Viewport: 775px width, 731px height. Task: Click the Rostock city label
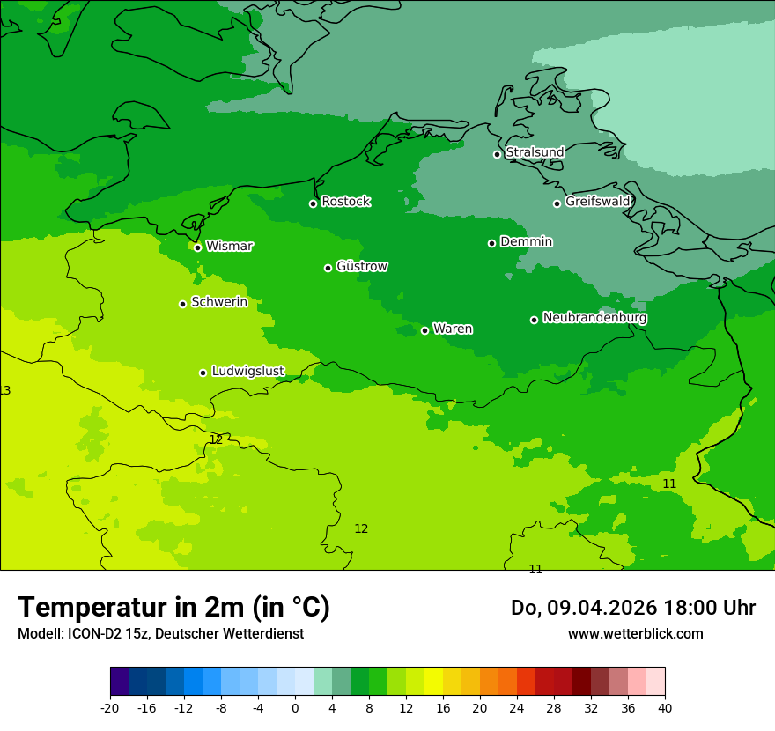[x=345, y=202]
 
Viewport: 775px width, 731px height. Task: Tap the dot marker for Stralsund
[x=497, y=154]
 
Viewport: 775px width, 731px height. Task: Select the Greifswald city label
[x=597, y=202]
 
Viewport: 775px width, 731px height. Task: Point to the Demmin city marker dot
[x=491, y=243]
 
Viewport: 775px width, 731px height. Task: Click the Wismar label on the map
[x=229, y=247]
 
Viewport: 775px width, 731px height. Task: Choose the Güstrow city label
[x=361, y=266]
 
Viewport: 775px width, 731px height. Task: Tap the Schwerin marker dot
[x=182, y=304]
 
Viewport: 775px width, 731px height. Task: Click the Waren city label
[x=453, y=329]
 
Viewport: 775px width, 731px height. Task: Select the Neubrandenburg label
[x=594, y=317]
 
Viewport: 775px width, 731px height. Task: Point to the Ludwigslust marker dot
[x=203, y=373]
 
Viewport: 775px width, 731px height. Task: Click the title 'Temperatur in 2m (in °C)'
[x=173, y=607]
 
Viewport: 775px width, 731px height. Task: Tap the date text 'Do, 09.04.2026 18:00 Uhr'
[x=632, y=608]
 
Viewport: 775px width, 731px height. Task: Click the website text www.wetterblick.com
[x=635, y=633]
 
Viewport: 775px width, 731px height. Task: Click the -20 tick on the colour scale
[x=110, y=707]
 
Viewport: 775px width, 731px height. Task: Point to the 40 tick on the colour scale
[x=665, y=707]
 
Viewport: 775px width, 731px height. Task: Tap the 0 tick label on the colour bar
[x=295, y=707]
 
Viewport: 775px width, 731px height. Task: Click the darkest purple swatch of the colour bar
[x=120, y=682]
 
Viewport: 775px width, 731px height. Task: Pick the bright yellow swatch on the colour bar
[x=433, y=682]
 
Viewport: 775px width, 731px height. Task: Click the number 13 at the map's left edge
[x=5, y=390]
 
